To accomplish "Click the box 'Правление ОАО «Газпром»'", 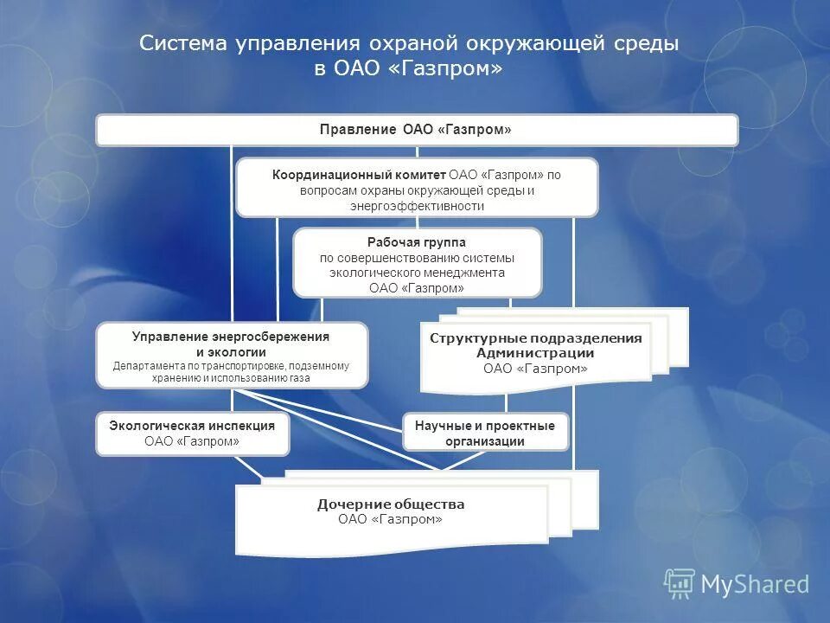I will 416,130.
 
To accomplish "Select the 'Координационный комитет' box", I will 416,187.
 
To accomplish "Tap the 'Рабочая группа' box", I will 417,262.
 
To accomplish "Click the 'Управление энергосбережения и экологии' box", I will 231,355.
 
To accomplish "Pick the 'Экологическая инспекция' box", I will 192,433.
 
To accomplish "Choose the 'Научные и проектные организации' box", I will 485,433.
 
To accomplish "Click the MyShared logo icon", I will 679,583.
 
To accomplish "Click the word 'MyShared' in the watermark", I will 754,585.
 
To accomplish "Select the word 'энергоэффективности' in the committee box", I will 417,206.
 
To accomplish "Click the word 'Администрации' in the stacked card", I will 535,353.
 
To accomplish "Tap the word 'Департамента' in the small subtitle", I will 147,366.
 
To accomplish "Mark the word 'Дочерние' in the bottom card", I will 354,504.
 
